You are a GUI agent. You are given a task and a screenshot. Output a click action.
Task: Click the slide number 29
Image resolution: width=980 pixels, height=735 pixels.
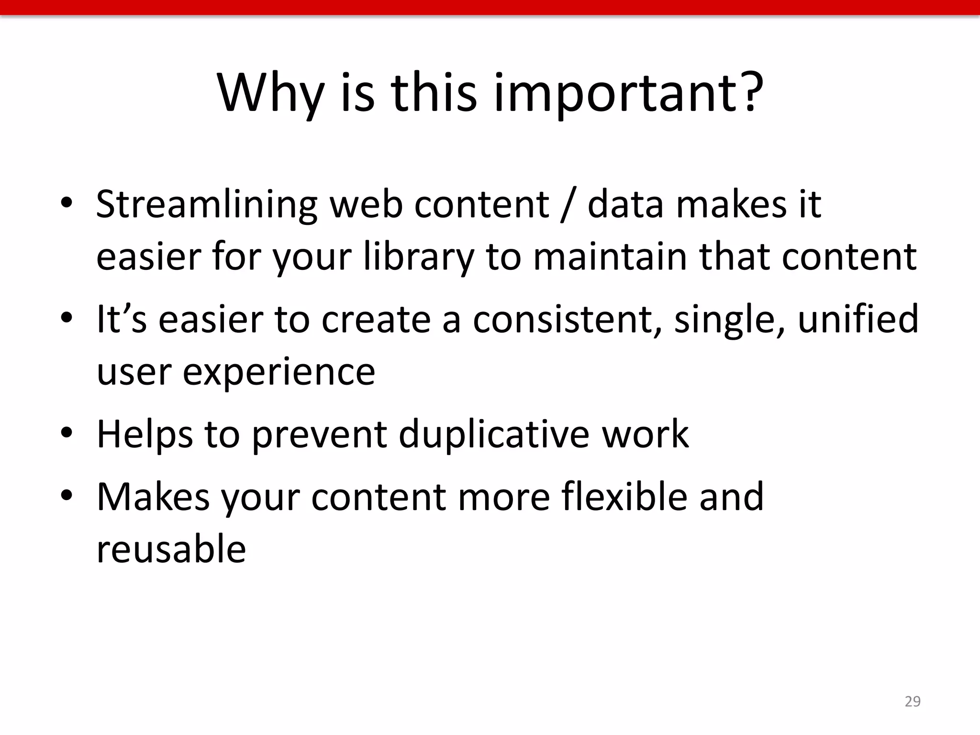(913, 701)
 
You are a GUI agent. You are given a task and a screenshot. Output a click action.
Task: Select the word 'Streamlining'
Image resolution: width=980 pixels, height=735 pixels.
(207, 205)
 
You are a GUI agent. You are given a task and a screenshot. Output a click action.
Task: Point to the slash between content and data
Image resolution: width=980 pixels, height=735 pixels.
(568, 205)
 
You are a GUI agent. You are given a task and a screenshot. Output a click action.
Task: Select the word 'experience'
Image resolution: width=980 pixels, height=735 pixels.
(279, 372)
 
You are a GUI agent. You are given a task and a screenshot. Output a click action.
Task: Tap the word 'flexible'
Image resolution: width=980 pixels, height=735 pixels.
(624, 497)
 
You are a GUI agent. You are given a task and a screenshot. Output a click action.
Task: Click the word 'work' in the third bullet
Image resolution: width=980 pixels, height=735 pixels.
(645, 434)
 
